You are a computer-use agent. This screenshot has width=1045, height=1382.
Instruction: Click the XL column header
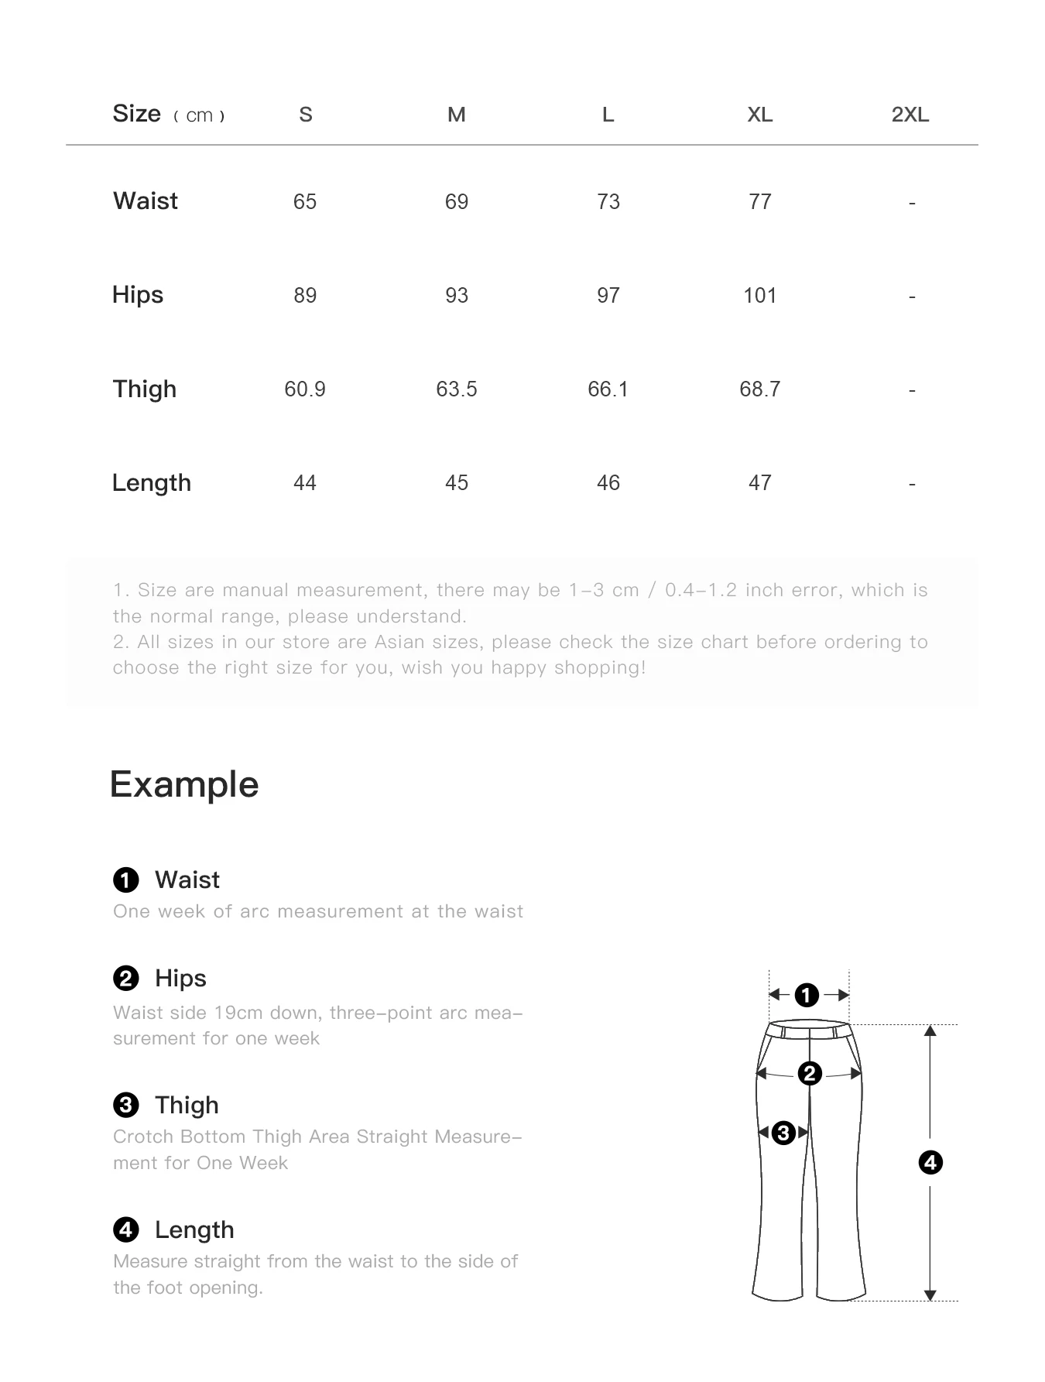coord(759,115)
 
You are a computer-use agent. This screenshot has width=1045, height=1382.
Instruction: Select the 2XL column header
coord(910,115)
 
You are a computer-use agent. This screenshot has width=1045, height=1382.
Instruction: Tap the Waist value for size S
coord(305,201)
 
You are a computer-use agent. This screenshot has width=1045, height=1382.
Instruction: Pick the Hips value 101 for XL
coord(759,295)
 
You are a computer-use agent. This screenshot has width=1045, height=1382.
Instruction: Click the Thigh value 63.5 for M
coord(457,389)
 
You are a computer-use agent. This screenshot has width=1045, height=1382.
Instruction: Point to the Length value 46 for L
coord(608,482)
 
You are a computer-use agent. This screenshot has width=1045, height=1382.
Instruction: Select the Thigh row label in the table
coord(145,389)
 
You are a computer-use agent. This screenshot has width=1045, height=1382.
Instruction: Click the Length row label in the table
coord(152,482)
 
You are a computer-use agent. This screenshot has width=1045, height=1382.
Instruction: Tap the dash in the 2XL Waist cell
coord(912,203)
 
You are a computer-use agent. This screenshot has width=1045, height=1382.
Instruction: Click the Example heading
coord(184,784)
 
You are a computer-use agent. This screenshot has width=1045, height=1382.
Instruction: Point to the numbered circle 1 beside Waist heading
coord(126,880)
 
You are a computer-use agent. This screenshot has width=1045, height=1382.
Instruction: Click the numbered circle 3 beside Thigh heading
coord(126,1105)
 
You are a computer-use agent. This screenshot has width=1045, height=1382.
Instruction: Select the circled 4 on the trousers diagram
coord(930,1162)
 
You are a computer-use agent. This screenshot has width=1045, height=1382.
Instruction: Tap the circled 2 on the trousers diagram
coord(810,1073)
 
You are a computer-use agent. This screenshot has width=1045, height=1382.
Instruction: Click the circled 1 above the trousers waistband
coord(807,995)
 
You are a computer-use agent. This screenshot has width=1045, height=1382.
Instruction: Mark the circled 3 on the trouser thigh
coord(783,1133)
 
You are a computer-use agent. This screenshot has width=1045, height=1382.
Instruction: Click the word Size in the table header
coord(137,114)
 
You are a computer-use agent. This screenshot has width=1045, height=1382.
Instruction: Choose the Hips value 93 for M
coord(457,295)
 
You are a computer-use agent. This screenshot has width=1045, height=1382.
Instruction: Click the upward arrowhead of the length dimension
coord(930,1030)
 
